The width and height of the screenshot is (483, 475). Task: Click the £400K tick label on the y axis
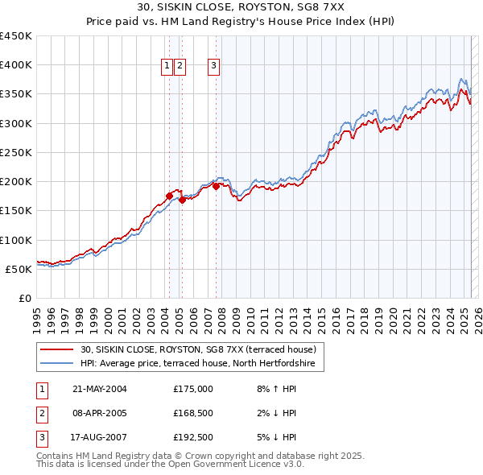17,65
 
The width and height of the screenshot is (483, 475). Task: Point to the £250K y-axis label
17,152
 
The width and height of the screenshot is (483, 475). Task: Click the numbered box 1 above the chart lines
167,67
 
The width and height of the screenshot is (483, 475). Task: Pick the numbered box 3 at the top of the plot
214,67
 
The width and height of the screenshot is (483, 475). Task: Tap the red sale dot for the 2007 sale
217,187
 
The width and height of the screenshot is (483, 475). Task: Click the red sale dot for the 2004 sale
169,195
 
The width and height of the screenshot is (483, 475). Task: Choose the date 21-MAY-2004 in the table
100,389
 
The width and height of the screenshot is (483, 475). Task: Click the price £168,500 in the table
193,414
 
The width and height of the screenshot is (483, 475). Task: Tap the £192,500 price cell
193,438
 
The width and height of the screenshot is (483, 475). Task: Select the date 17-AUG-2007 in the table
100,438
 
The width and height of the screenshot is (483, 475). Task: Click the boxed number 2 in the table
41,414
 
